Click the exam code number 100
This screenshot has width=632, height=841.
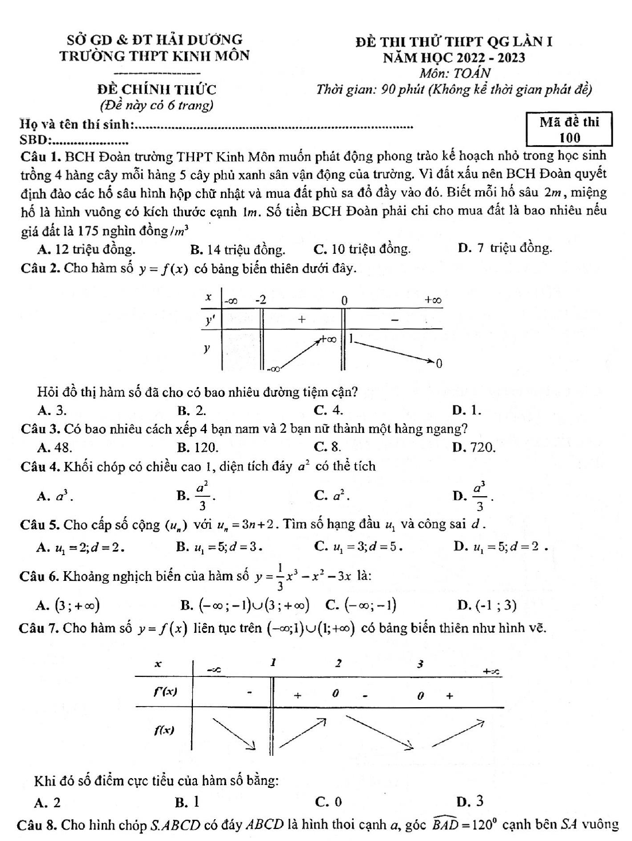[x=570, y=138]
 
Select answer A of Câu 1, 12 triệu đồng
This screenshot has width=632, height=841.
[x=86, y=249]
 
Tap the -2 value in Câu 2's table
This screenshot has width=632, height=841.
[x=260, y=300]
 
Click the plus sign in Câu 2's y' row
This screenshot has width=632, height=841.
[x=302, y=319]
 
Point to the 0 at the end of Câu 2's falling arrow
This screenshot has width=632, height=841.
[x=439, y=364]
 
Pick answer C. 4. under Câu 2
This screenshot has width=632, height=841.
[x=329, y=409]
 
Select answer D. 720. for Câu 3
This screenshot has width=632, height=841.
[x=473, y=447]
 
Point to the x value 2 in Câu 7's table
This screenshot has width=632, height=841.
[x=338, y=663]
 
